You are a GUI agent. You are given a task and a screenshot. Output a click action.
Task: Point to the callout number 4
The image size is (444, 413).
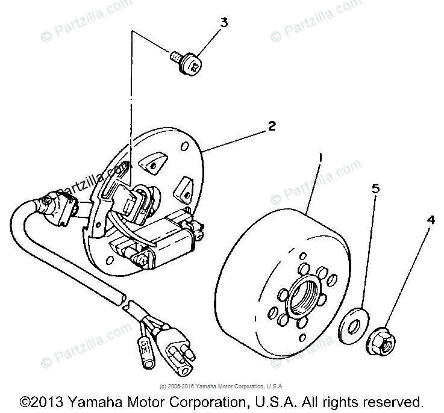pos(430,220)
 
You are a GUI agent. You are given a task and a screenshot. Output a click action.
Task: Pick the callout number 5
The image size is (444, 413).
pos(375,188)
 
